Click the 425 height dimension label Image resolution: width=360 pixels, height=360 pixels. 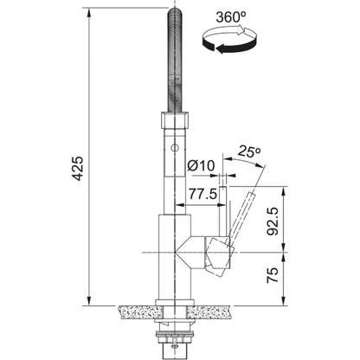point(78,169)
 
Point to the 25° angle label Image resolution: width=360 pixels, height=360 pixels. point(249,151)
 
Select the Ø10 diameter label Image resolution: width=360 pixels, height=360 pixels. point(201,165)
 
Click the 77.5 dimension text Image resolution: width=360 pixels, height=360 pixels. point(202,194)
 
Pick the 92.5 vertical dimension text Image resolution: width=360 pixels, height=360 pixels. point(273,222)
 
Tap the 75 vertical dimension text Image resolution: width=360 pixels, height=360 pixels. point(273,275)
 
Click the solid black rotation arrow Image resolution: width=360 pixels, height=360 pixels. point(228,46)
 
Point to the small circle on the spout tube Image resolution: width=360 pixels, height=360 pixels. point(175,148)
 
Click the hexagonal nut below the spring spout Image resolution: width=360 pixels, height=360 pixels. point(175,120)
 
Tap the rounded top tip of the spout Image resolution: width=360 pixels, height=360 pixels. point(175,11)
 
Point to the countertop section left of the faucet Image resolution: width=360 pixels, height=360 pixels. point(140,312)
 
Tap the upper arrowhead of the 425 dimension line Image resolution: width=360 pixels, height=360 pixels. point(89,12)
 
